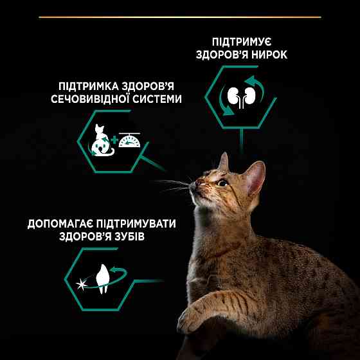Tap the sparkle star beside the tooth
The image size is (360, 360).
tap(81, 281)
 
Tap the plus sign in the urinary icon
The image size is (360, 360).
tap(114, 139)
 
